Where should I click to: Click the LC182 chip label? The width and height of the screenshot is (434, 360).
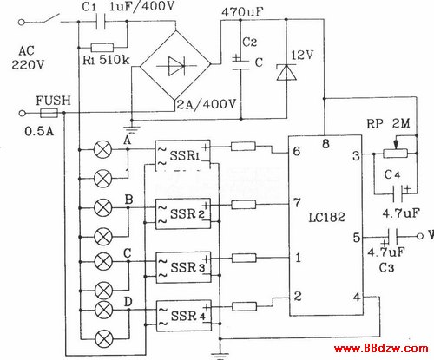[x=326, y=217]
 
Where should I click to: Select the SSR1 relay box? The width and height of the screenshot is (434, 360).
[x=183, y=155]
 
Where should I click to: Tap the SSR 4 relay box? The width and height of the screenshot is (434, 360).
[x=184, y=316]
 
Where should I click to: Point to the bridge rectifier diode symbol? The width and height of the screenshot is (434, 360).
[x=176, y=66]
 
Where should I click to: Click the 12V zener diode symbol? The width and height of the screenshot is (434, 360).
[x=286, y=72]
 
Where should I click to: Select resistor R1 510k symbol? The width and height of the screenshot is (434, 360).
[x=102, y=48]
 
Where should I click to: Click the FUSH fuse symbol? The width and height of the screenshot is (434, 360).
[x=49, y=113]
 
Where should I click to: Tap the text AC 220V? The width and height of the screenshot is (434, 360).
[x=27, y=58]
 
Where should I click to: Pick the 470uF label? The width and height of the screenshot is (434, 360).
[x=242, y=12]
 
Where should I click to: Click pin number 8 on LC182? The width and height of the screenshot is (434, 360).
[x=325, y=144]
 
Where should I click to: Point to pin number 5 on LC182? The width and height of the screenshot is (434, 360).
[x=357, y=238]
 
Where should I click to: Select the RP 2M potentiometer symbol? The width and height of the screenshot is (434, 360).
[x=396, y=153]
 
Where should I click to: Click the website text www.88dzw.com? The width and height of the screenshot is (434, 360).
[x=381, y=349]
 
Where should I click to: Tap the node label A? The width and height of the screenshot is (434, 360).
[x=127, y=141]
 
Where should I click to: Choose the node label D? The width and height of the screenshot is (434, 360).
[x=128, y=302]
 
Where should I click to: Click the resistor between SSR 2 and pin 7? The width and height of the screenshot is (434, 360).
[x=244, y=205]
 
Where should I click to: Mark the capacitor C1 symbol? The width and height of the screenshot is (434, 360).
[x=101, y=22]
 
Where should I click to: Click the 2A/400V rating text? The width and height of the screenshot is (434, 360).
[x=207, y=104]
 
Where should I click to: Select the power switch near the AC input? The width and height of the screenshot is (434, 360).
[x=51, y=19]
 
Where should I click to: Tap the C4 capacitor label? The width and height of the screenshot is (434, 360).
[x=392, y=175]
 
